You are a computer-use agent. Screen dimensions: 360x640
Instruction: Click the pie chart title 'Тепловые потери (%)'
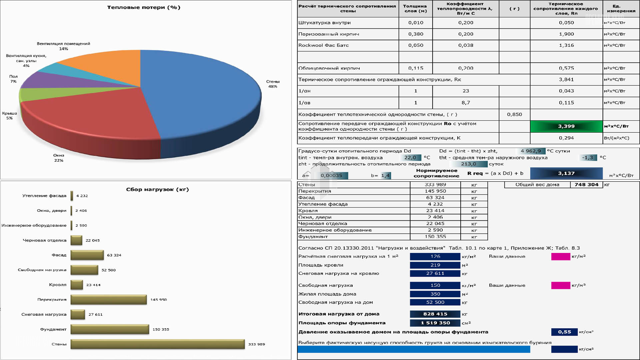tap(144, 7)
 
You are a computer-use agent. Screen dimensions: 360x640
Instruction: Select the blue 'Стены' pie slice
tap(200, 93)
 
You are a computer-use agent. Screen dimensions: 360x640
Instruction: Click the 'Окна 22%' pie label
tap(59, 158)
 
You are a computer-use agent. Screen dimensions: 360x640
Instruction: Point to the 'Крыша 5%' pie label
tap(9, 116)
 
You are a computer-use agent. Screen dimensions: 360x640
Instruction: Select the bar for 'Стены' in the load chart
tap(157, 344)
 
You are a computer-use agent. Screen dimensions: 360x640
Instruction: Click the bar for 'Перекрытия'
tap(109, 299)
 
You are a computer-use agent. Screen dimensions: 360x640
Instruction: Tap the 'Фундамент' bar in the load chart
tap(110, 329)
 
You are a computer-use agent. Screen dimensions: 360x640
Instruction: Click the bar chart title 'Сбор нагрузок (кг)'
tap(157, 189)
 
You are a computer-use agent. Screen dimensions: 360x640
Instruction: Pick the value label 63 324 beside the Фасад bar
tap(114, 255)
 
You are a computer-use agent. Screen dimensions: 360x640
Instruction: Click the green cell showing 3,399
tap(566, 126)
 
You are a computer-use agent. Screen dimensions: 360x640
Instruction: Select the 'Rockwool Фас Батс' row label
tap(323, 45)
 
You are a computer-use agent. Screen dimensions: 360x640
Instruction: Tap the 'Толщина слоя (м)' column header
tap(415, 8)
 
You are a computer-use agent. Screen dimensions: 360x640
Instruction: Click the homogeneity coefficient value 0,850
tap(514, 114)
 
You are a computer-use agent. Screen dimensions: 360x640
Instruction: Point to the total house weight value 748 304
tap(586, 185)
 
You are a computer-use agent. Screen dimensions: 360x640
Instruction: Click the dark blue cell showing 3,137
tap(566, 173)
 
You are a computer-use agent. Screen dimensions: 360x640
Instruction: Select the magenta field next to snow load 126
tap(561, 256)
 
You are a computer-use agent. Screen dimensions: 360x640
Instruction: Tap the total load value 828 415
tap(435, 314)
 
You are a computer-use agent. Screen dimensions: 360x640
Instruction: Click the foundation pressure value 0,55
tap(564, 332)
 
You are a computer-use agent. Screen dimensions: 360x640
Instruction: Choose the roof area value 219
tap(435, 265)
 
